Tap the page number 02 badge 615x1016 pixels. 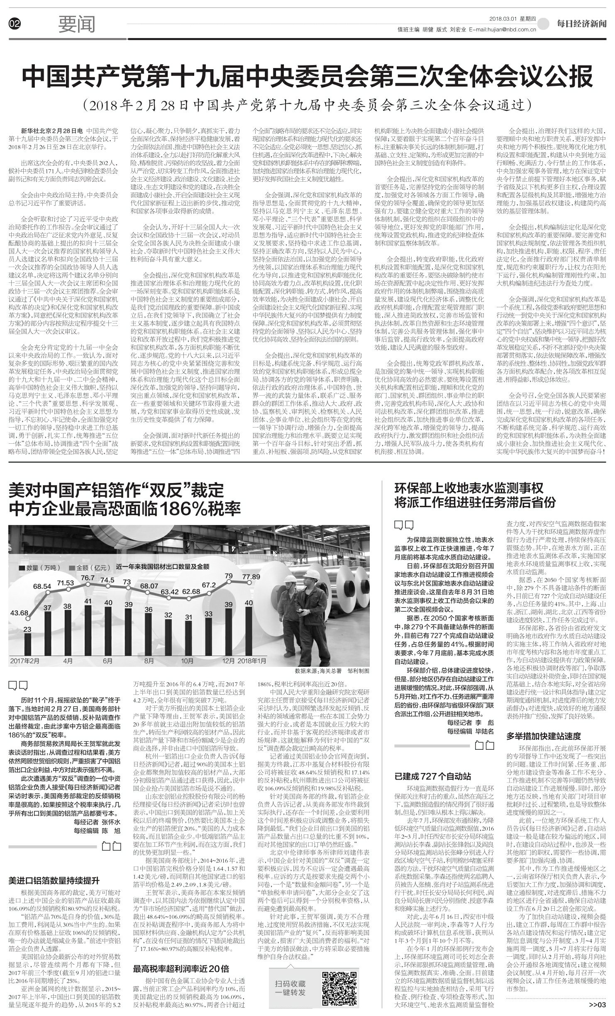click(14, 25)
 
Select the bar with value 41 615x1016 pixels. click(88, 624)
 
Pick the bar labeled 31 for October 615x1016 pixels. click(188, 632)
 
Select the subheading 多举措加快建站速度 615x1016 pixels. click(544, 736)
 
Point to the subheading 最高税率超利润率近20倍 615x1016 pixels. click(181, 965)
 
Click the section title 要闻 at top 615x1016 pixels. click(77, 25)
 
